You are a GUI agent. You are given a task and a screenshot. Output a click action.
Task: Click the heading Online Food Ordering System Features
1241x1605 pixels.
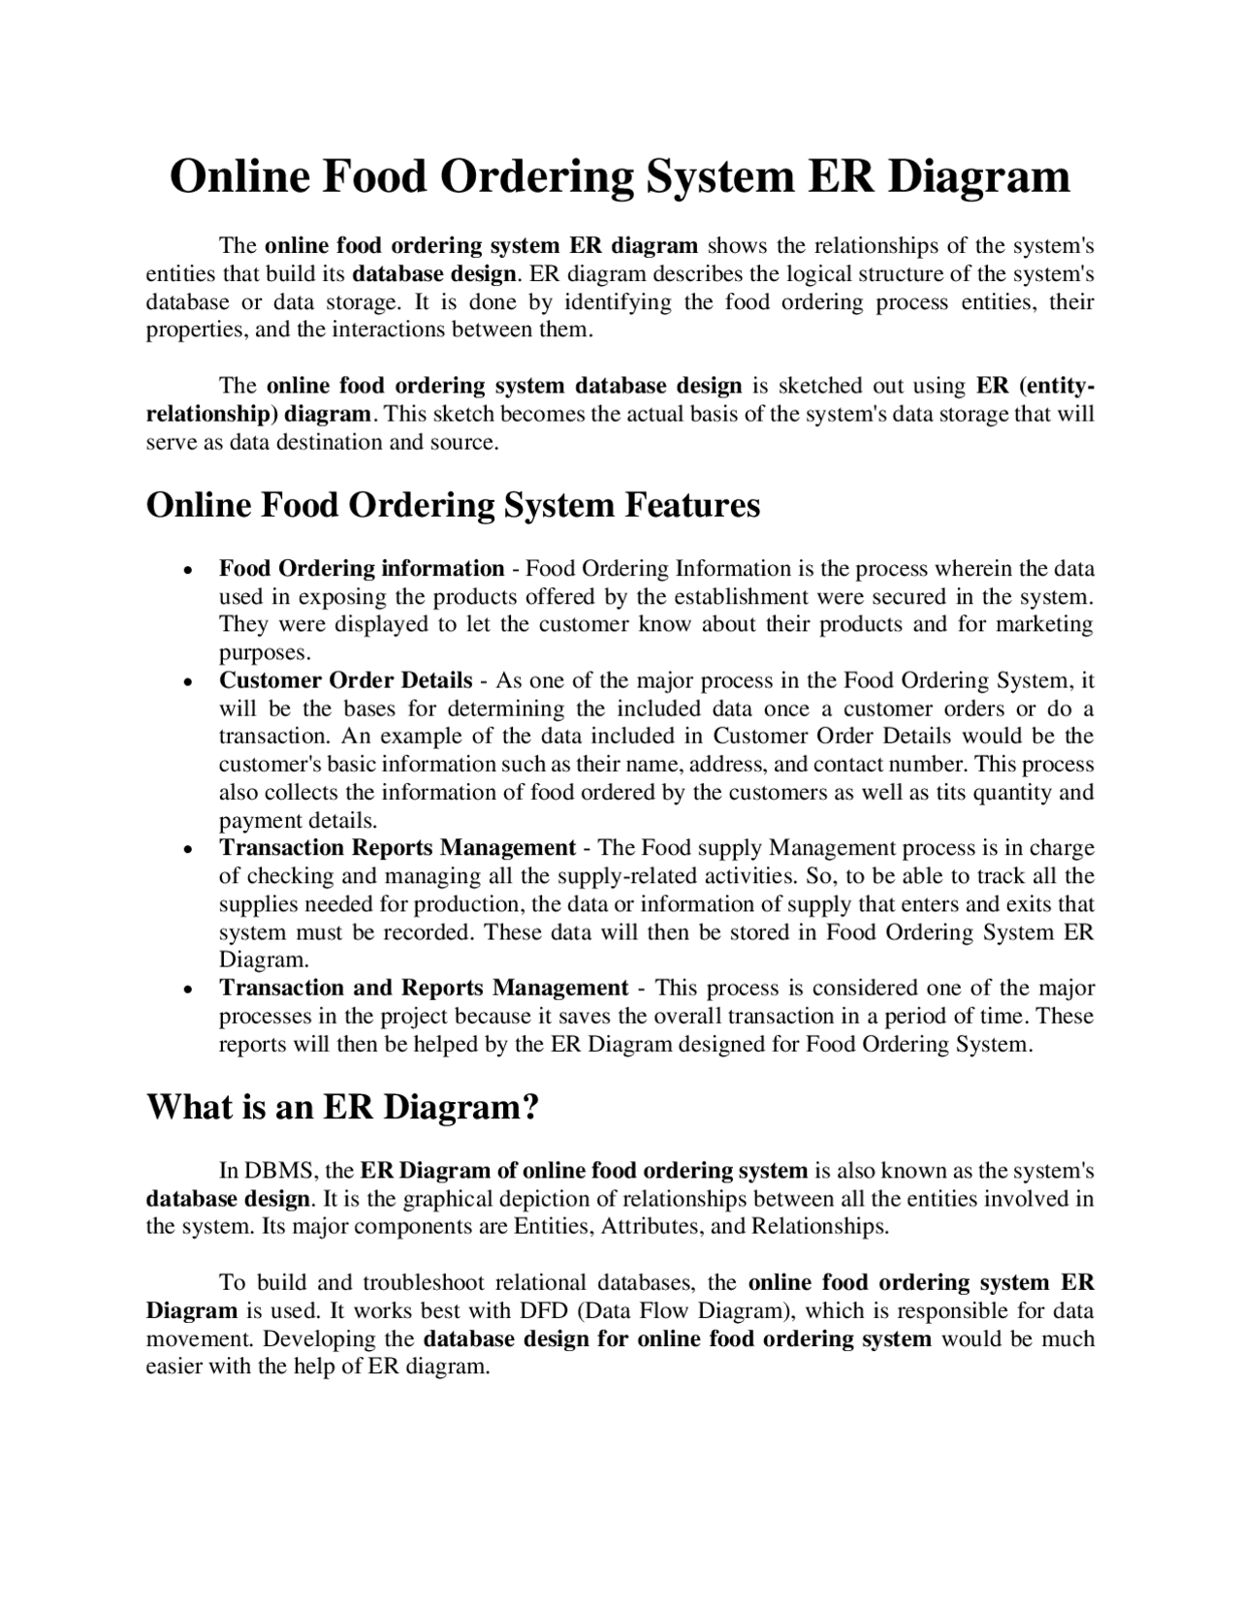[x=453, y=505]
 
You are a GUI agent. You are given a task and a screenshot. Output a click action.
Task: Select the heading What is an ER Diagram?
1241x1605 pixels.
[x=341, y=1106]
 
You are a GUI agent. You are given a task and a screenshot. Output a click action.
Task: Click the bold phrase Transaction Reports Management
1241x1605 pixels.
[x=398, y=848]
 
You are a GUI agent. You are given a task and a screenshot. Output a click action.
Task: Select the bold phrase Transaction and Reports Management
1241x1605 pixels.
[x=424, y=988]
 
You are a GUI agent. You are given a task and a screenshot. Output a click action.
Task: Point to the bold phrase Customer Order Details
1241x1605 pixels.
[x=345, y=680]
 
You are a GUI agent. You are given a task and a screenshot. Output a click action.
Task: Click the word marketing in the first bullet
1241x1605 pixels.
[x=1046, y=624]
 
